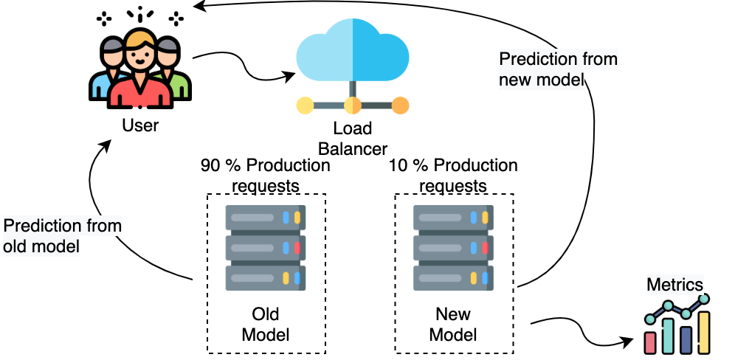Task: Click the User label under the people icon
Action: coord(140,125)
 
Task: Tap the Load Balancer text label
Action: coord(353,139)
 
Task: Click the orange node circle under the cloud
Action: coord(400,105)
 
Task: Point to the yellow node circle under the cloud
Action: coord(305,105)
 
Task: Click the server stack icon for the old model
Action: coord(266,248)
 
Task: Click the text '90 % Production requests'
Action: coord(265,175)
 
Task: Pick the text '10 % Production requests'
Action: coord(453,175)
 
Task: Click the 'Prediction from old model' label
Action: coord(52,235)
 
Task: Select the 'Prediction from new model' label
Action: coord(558,69)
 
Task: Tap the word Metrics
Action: coord(674,285)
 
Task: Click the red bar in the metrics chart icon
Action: coord(651,342)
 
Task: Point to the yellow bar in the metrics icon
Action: coord(704,333)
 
